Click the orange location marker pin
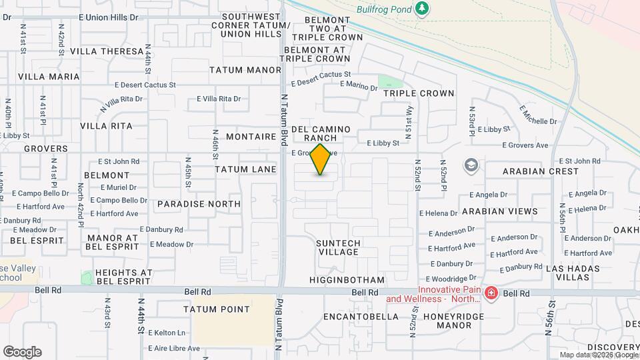click(321, 159)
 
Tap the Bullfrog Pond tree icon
click(421, 8)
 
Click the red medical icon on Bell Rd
click(491, 293)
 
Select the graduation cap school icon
click(471, 165)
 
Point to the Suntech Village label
click(338, 247)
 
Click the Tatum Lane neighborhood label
click(245, 169)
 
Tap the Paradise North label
click(199, 204)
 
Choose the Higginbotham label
click(347, 280)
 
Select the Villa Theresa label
click(107, 51)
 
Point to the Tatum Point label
click(217, 309)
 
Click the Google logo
click(22, 352)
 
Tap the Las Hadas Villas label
click(573, 273)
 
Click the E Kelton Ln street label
click(167, 333)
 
